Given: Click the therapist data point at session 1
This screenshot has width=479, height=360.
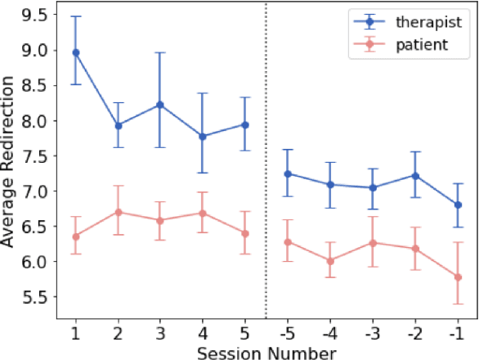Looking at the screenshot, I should coord(76,52).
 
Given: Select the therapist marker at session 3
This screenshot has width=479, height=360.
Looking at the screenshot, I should coord(160,105).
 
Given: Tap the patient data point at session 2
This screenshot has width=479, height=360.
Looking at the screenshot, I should coord(119,212).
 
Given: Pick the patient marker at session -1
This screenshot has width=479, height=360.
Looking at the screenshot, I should coord(457,277).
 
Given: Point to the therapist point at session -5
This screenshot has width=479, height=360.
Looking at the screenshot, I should coord(288,173).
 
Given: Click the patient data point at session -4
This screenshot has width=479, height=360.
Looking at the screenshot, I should coord(330,261).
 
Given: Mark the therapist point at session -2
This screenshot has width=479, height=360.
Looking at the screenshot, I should coord(415,175).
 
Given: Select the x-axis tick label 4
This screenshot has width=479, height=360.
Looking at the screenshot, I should coord(203,335).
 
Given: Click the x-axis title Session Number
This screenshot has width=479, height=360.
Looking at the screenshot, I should coord(266,353).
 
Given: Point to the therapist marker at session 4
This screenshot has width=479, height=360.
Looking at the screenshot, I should coord(203,137).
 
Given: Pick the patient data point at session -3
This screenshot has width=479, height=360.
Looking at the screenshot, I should coord(373,243).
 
